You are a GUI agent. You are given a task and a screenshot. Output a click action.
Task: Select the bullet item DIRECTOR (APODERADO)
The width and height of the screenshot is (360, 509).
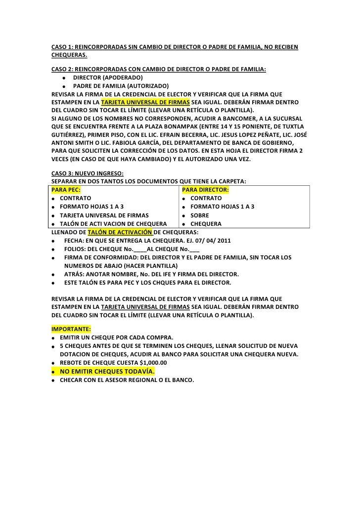click(108, 78)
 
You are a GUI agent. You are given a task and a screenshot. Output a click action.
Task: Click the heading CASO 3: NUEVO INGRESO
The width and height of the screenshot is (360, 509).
click(88, 173)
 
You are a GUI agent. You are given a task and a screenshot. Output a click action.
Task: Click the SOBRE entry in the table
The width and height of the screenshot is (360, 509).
click(200, 215)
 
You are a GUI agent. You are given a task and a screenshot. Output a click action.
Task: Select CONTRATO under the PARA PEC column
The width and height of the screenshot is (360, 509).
click(75, 198)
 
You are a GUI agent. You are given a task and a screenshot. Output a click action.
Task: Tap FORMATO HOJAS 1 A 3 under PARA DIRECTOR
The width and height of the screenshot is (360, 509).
click(223, 207)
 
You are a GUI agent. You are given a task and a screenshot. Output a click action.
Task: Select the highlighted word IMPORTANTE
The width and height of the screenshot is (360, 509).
click(71, 328)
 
